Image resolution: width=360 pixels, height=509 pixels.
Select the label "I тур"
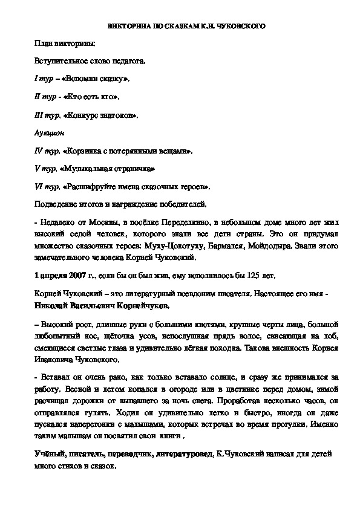[x=42, y=79]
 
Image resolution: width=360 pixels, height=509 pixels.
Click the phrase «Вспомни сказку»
[x=94, y=79]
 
